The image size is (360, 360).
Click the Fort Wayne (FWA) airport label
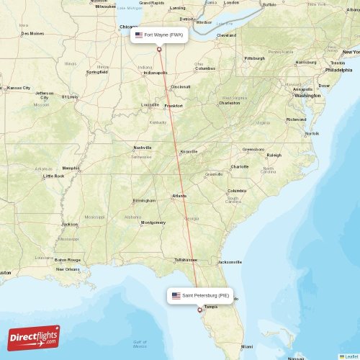[162, 34]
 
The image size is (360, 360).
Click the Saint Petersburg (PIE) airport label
[205, 295]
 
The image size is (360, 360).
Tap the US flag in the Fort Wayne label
[139, 34]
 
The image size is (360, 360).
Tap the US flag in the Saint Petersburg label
[176, 295]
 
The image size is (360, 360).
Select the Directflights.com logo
[35, 337]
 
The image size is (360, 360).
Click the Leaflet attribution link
[351, 356]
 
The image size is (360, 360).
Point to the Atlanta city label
[179, 196]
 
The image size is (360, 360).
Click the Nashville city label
[142, 148]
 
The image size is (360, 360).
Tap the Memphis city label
[71, 168]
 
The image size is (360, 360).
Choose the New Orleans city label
[68, 269]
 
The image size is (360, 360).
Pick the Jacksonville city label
[230, 261]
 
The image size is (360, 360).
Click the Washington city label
[307, 95]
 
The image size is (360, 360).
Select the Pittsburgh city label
[254, 58]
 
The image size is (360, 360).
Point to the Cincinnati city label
[181, 87]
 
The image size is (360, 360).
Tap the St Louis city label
[70, 96]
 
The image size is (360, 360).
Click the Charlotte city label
[240, 166]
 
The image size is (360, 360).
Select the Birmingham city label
[144, 201]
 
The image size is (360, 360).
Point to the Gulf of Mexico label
[140, 343]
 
